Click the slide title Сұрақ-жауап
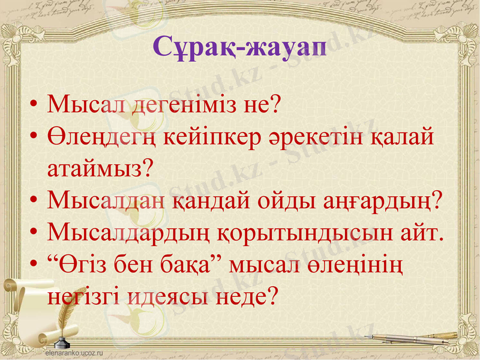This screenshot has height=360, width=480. pos(240,46)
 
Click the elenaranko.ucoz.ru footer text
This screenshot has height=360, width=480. pos(75,353)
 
